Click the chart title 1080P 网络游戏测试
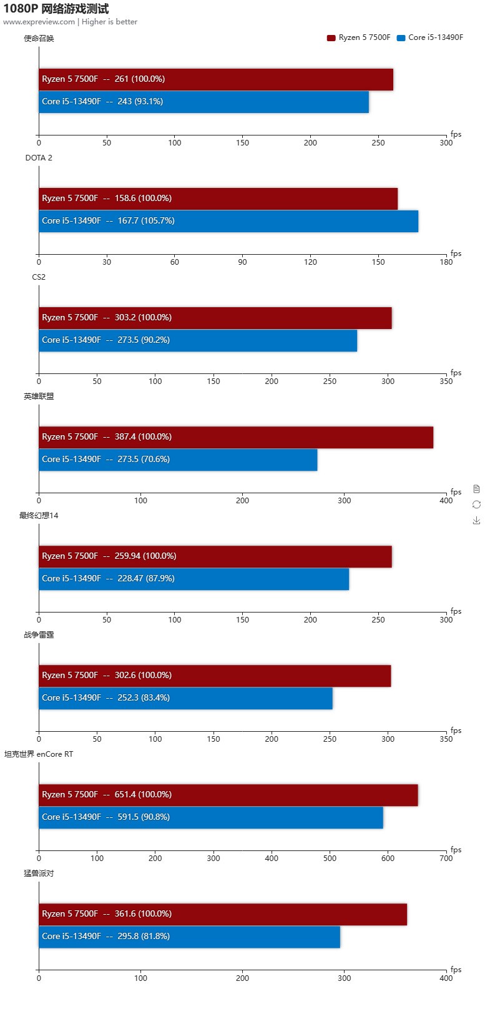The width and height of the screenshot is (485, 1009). coord(56,9)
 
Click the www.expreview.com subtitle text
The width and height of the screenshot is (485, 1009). coord(39,22)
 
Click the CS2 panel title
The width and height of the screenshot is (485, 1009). coord(39,277)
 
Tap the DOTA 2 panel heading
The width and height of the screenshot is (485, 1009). coord(39,158)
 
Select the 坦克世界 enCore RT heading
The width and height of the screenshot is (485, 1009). coord(39,754)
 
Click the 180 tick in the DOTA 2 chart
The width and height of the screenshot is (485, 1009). coord(446,262)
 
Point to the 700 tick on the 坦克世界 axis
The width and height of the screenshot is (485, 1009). coord(446,859)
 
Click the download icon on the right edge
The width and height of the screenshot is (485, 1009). coord(476,520)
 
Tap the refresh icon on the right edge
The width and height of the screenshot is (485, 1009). coord(476,505)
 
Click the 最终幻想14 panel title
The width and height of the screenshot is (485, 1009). coord(39,516)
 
